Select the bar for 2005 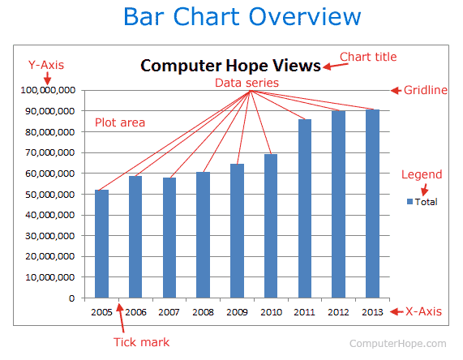101,243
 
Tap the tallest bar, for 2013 372,204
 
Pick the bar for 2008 203,234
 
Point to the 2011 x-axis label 305,312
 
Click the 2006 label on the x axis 135,312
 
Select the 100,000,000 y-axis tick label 45,90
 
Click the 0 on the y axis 71,298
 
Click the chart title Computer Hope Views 230,66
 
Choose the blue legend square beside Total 409,202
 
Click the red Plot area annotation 120,122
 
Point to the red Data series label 247,83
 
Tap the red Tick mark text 142,342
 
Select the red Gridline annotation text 426,90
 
